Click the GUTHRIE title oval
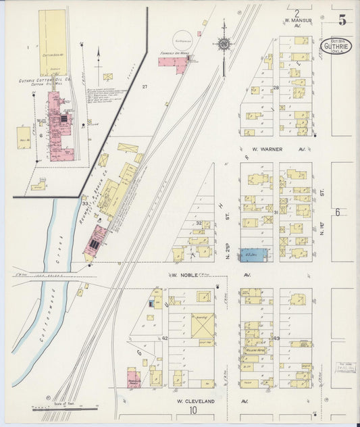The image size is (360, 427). [336, 46]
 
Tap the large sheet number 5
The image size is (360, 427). [342, 20]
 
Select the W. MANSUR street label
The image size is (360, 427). [297, 21]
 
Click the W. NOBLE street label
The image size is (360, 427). [184, 276]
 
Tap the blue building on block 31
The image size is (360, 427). [254, 255]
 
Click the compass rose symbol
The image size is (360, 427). [223, 45]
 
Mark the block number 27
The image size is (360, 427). [144, 87]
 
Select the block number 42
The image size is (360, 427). [164, 337]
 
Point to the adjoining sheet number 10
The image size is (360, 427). [193, 410]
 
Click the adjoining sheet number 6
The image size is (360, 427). [337, 211]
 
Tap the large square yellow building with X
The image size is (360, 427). [202, 326]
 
